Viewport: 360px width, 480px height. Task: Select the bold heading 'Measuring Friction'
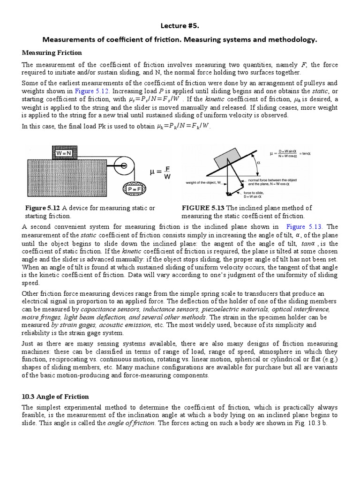pos(52,52)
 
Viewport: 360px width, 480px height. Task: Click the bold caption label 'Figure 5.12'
pos(42,208)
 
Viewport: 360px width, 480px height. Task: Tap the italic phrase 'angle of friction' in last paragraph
pos(132,423)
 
